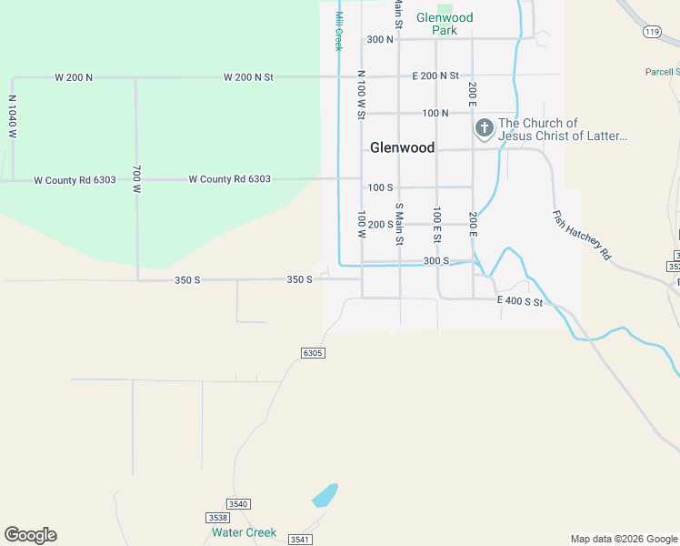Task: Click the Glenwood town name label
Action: [x=402, y=147]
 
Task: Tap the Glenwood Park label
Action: [x=445, y=24]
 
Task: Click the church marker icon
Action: [x=485, y=129]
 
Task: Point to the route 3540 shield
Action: [x=238, y=504]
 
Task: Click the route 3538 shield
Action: [x=206, y=517]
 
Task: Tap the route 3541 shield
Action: [x=300, y=540]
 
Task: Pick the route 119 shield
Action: [x=650, y=32]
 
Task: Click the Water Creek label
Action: [x=244, y=532]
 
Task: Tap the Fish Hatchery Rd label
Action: [x=582, y=237]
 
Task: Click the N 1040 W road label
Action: [x=13, y=116]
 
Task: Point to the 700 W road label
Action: [x=137, y=179]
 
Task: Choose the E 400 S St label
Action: [x=520, y=301]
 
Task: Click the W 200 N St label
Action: [x=248, y=77]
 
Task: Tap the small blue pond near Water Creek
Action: [x=325, y=496]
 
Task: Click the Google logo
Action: [x=30, y=535]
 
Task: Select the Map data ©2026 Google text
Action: [x=624, y=539]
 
